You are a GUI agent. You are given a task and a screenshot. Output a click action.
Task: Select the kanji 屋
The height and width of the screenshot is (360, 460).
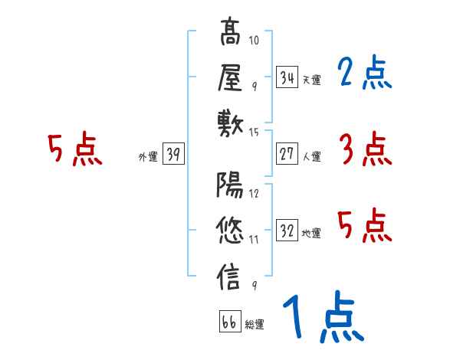(230, 77)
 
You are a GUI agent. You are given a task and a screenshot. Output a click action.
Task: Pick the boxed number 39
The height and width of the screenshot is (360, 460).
(173, 155)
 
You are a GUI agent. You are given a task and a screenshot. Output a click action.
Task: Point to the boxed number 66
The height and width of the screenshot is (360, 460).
(229, 322)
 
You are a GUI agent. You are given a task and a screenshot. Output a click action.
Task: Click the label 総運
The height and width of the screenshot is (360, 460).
(255, 324)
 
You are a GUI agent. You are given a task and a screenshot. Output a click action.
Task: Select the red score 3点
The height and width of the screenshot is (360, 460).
(364, 149)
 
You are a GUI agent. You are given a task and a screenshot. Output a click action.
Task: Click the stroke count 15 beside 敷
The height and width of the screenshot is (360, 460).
(255, 133)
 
